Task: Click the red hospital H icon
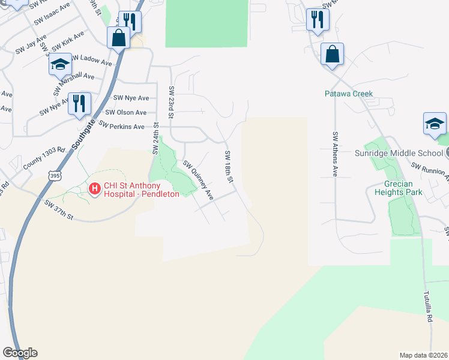[x=94, y=189]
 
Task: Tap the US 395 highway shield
[x=53, y=174]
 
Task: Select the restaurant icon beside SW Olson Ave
[x=79, y=103]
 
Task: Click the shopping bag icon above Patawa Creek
[x=332, y=54]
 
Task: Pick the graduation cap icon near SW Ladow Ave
[x=60, y=64]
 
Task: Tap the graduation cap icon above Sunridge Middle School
[x=435, y=124]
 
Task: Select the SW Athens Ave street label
[x=334, y=154]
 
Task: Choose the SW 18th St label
[x=229, y=167]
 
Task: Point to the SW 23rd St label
[x=172, y=103]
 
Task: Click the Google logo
[x=20, y=353]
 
